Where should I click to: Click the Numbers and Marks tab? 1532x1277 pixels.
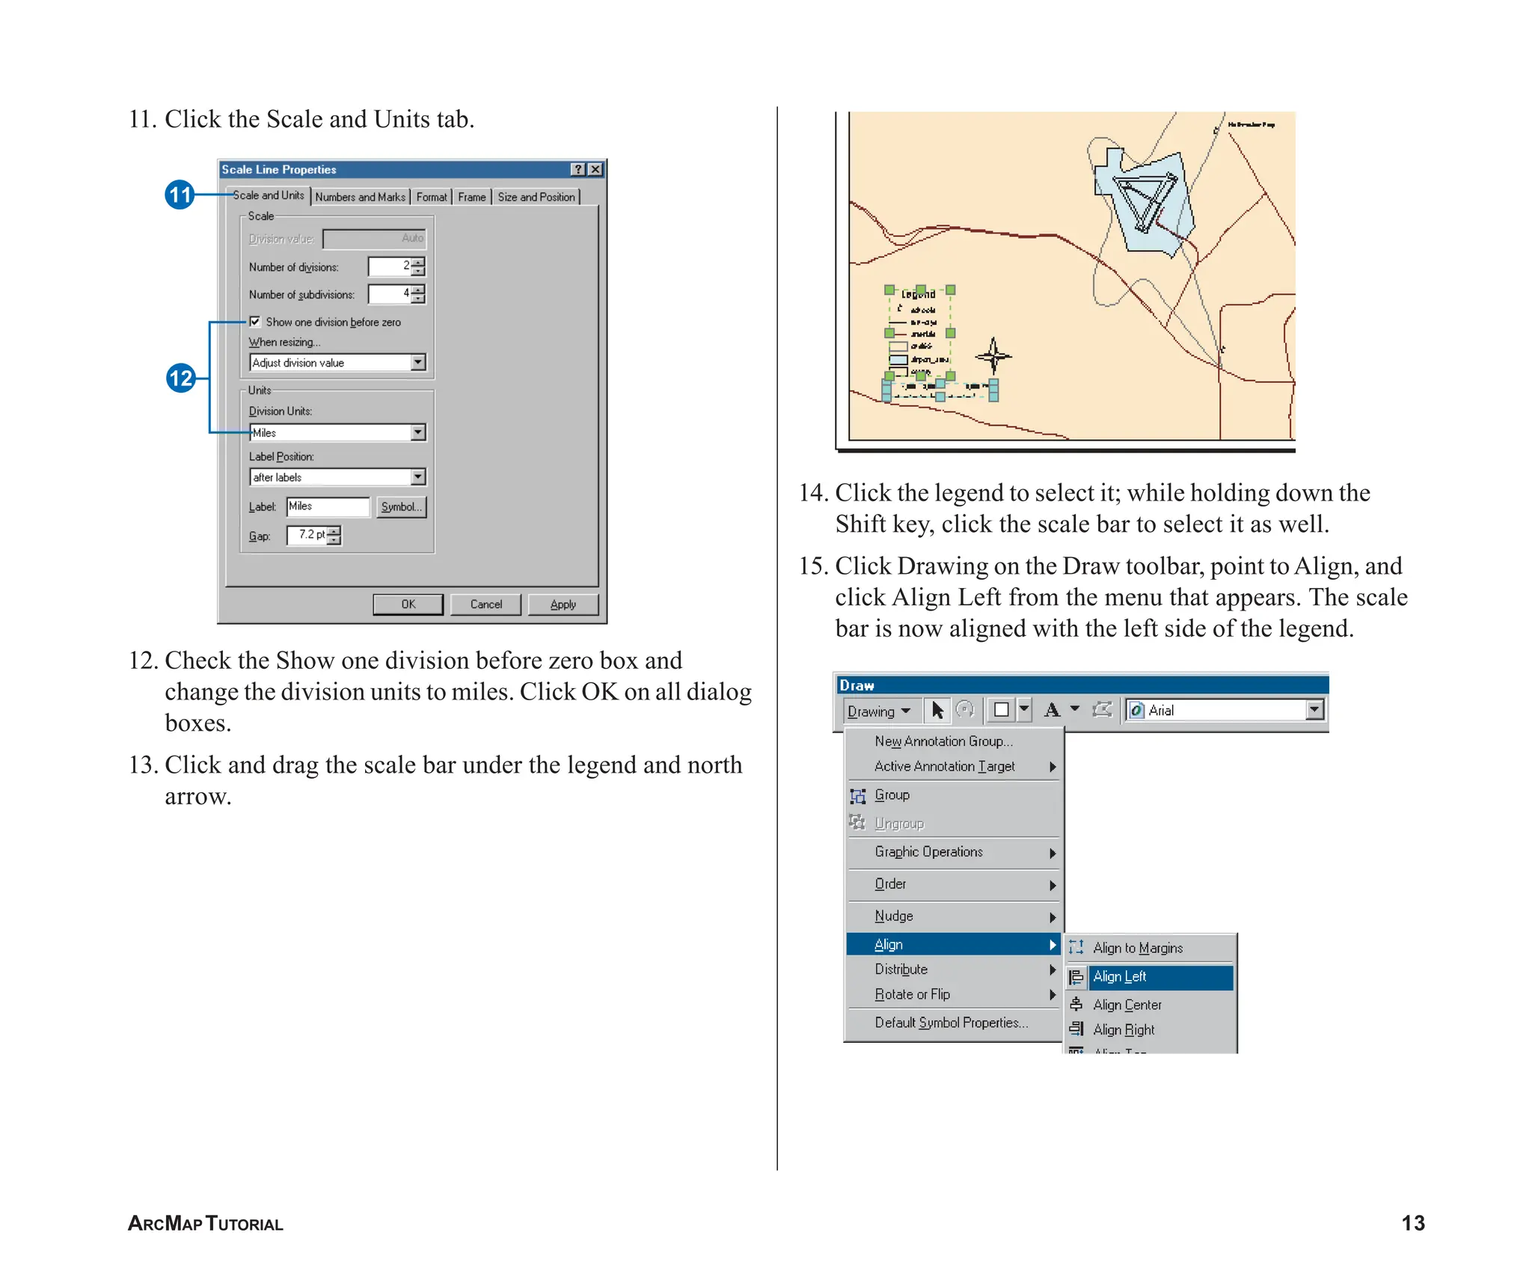point(360,197)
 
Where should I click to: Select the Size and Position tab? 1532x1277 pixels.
point(536,197)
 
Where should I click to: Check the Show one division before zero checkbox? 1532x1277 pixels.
point(255,322)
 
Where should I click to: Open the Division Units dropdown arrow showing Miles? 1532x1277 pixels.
point(418,432)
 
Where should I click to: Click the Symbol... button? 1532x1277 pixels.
point(401,506)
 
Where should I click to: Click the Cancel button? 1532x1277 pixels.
point(485,604)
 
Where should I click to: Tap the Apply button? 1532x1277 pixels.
point(563,604)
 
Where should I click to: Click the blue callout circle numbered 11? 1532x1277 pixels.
point(180,195)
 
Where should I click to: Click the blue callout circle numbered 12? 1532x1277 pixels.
point(180,378)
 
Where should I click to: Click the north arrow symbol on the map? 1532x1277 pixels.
point(993,356)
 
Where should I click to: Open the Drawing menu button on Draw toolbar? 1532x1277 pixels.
point(878,711)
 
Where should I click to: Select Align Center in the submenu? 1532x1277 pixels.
point(1127,1005)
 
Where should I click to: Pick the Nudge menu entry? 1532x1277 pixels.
point(894,916)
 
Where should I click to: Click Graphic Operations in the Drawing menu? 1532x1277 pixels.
point(928,852)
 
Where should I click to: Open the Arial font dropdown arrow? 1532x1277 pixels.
point(1314,709)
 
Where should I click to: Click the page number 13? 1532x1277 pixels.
point(1412,1223)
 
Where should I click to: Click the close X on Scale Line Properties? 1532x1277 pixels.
point(595,169)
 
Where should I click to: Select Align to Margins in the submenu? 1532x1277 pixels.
point(1137,948)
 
